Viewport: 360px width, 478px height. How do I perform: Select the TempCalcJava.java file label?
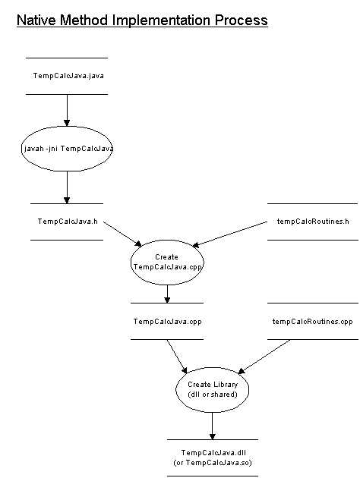[67, 76]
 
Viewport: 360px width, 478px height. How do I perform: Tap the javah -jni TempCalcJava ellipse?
[67, 149]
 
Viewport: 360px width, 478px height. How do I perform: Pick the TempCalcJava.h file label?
[67, 222]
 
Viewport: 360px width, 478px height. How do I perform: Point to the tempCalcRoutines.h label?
[313, 222]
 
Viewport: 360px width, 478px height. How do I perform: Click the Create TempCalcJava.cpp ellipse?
[166, 262]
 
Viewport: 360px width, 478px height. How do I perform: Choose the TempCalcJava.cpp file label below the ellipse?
[167, 321]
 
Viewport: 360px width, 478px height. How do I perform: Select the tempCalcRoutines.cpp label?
[312, 321]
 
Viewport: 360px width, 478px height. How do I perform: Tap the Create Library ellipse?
[213, 389]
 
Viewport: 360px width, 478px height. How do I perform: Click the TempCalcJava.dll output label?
[213, 452]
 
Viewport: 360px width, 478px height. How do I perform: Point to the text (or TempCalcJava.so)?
[213, 462]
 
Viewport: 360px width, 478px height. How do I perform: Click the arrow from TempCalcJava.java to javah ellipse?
[67, 110]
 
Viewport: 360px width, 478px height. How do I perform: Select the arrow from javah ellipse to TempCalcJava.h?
[67, 187]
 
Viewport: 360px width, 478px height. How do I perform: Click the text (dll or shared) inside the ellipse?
[213, 395]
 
